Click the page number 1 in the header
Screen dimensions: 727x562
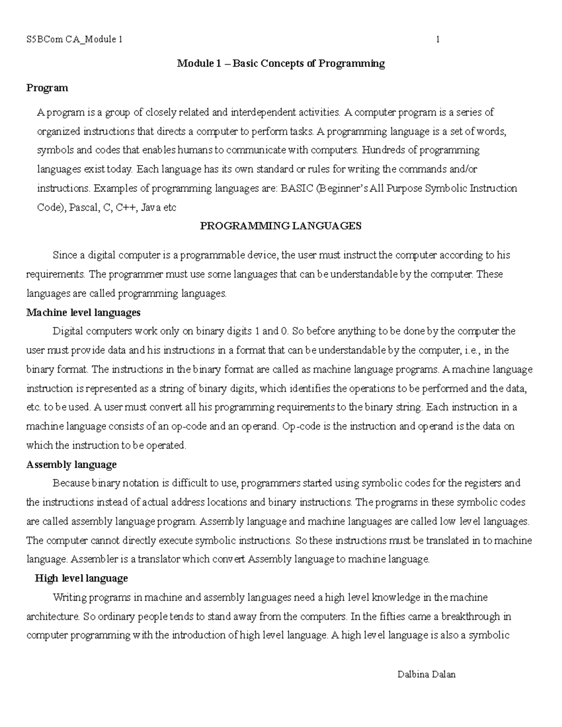(437, 39)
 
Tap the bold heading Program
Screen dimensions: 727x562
(47, 88)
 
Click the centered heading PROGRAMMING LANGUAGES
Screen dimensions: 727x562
(281, 226)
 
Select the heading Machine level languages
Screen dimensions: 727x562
(83, 312)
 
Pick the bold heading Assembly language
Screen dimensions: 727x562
(72, 465)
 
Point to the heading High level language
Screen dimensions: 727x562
(81, 579)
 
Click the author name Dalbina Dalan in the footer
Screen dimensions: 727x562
(426, 675)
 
